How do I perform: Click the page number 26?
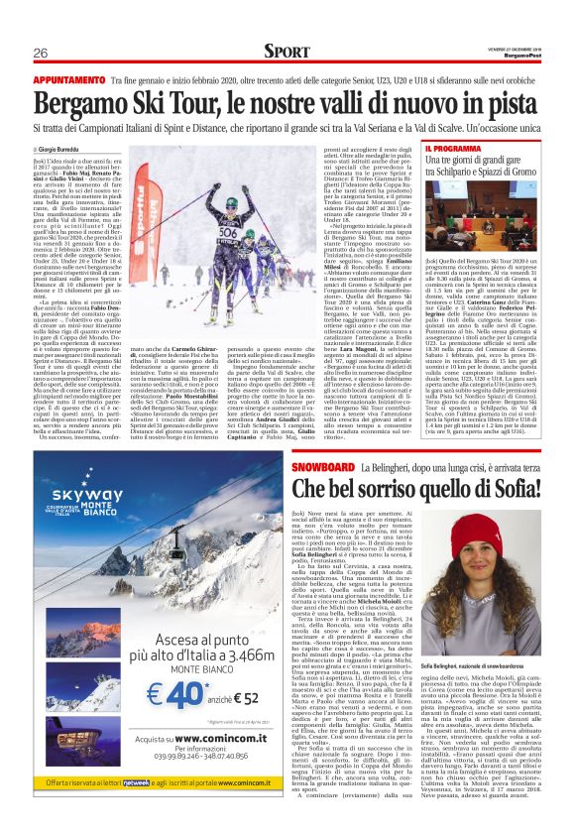(40, 53)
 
